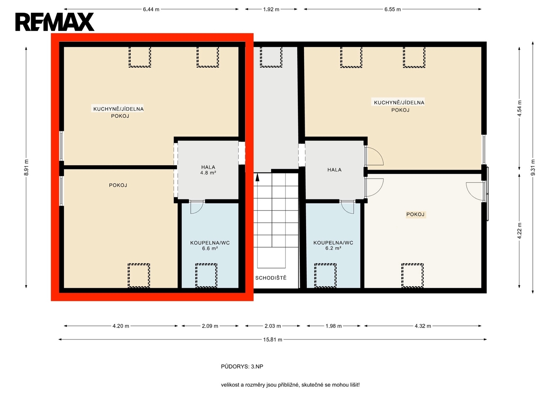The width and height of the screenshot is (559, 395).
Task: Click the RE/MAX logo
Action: coord(55,22)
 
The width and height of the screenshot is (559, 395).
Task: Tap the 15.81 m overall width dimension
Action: coord(273,339)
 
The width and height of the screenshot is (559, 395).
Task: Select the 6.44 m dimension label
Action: coord(151,9)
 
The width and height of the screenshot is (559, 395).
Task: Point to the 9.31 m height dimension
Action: coord(533,167)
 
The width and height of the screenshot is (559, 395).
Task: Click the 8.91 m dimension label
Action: coord(26,167)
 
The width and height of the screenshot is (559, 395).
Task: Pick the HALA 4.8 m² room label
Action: coord(208,170)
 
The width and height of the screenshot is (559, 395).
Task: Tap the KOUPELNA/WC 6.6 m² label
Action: coord(210,246)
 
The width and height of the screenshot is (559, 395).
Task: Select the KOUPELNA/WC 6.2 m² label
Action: coord(333,246)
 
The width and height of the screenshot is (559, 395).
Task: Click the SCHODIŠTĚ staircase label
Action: coord(271,278)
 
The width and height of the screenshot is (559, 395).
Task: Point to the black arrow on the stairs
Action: coord(257,177)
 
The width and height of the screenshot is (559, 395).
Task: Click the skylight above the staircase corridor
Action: coord(271,57)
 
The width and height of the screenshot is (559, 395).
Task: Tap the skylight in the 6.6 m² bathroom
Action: coord(206,276)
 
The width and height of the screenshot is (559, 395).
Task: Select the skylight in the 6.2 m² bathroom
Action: coord(325,276)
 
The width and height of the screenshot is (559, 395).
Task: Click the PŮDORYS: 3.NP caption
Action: coord(242,367)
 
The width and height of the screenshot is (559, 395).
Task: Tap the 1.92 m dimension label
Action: coord(271,9)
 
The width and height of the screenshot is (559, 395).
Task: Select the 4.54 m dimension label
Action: coord(519,108)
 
